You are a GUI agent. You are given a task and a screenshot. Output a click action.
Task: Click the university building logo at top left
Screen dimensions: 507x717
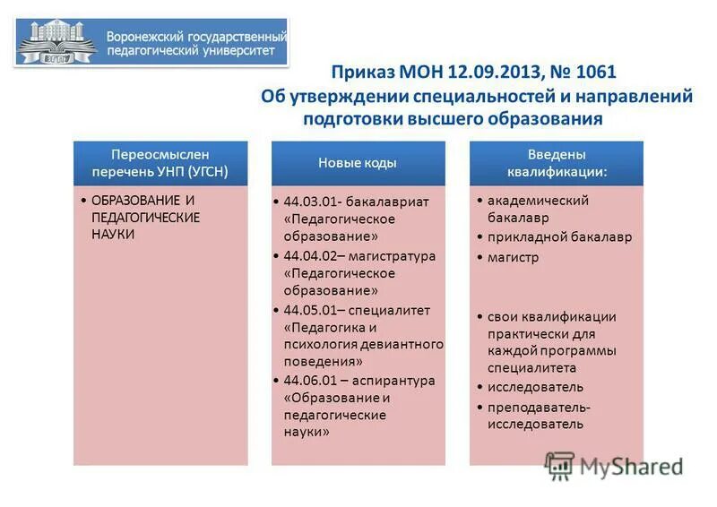[56, 41]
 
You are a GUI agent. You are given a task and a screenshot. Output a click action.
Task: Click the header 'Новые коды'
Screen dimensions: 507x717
[358, 162]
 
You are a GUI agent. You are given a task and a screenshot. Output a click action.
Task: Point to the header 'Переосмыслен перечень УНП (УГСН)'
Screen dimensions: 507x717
[160, 162]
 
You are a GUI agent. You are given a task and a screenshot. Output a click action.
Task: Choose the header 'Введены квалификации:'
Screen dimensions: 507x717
[556, 162]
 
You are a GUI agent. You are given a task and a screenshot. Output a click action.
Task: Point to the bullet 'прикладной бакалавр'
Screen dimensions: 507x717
[559, 237]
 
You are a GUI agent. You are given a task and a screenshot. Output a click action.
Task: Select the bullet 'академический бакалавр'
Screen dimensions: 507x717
[538, 209]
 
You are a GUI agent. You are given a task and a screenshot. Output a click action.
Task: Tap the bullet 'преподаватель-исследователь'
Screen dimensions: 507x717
[539, 416]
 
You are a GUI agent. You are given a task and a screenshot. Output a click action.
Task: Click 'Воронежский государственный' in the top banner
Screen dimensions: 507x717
[196, 37]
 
